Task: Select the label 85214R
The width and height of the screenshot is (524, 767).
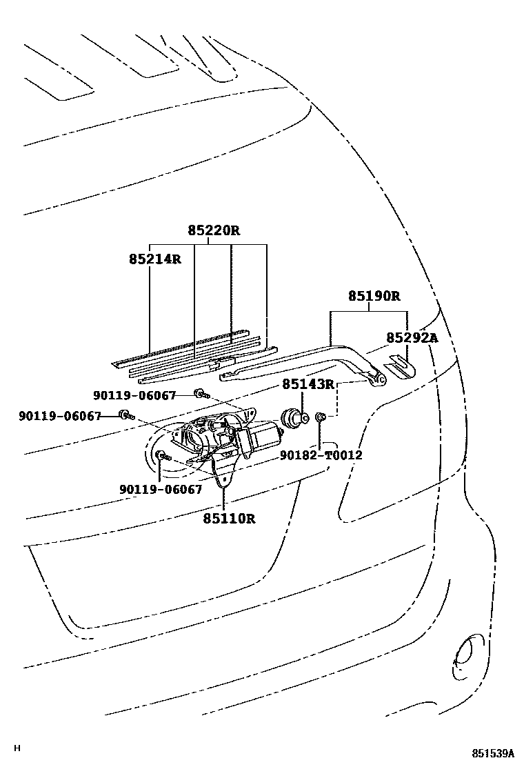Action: [154, 259]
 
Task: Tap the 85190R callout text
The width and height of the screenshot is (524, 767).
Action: [374, 296]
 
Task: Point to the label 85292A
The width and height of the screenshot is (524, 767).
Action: [412, 337]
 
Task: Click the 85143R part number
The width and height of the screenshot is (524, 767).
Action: [308, 383]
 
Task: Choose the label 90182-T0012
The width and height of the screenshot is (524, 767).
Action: [321, 455]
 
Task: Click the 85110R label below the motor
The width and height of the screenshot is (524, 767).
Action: [229, 517]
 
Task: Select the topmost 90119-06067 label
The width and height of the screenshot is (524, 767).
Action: [134, 395]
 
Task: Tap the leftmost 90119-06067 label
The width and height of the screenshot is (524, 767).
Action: [60, 416]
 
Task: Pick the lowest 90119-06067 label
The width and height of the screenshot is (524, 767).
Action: [161, 489]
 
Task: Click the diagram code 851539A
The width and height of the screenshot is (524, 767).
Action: [493, 753]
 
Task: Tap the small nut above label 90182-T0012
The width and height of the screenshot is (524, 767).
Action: [321, 417]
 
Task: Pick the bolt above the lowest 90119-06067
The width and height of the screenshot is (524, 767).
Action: [161, 455]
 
